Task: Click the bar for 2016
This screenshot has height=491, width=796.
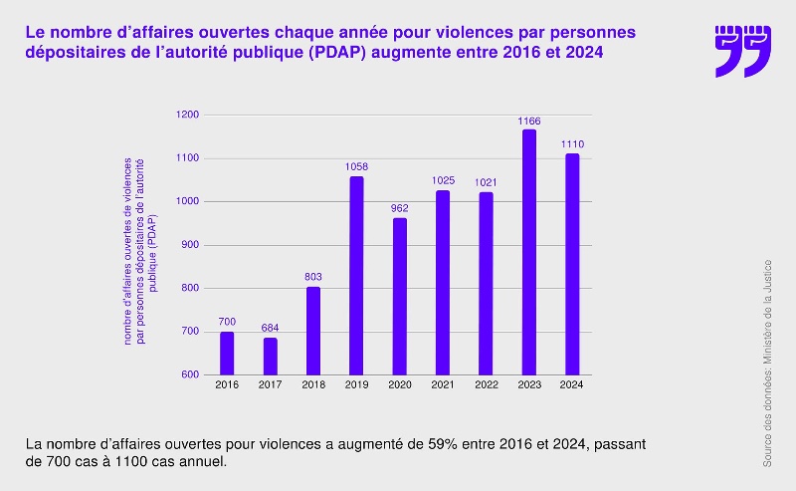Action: pyautogui.click(x=227, y=353)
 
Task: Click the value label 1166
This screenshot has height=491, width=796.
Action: pyautogui.click(x=528, y=122)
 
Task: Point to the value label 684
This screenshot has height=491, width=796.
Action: pyautogui.click(x=271, y=328)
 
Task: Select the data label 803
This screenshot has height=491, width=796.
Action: pyautogui.click(x=313, y=277)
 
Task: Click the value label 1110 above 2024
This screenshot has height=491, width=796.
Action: pyautogui.click(x=572, y=144)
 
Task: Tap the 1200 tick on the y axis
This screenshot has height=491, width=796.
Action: pyautogui.click(x=188, y=115)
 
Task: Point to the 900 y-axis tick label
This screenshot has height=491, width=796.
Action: pyautogui.click(x=190, y=245)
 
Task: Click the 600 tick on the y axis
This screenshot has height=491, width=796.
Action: pyautogui.click(x=190, y=374)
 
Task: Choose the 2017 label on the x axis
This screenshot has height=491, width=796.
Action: pyautogui.click(x=271, y=385)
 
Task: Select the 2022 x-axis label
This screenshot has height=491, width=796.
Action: pyautogui.click(x=486, y=385)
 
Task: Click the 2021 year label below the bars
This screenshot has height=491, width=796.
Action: pyautogui.click(x=443, y=385)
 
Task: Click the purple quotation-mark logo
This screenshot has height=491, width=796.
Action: pyautogui.click(x=742, y=51)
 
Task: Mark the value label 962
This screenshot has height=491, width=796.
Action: pyautogui.click(x=399, y=208)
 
